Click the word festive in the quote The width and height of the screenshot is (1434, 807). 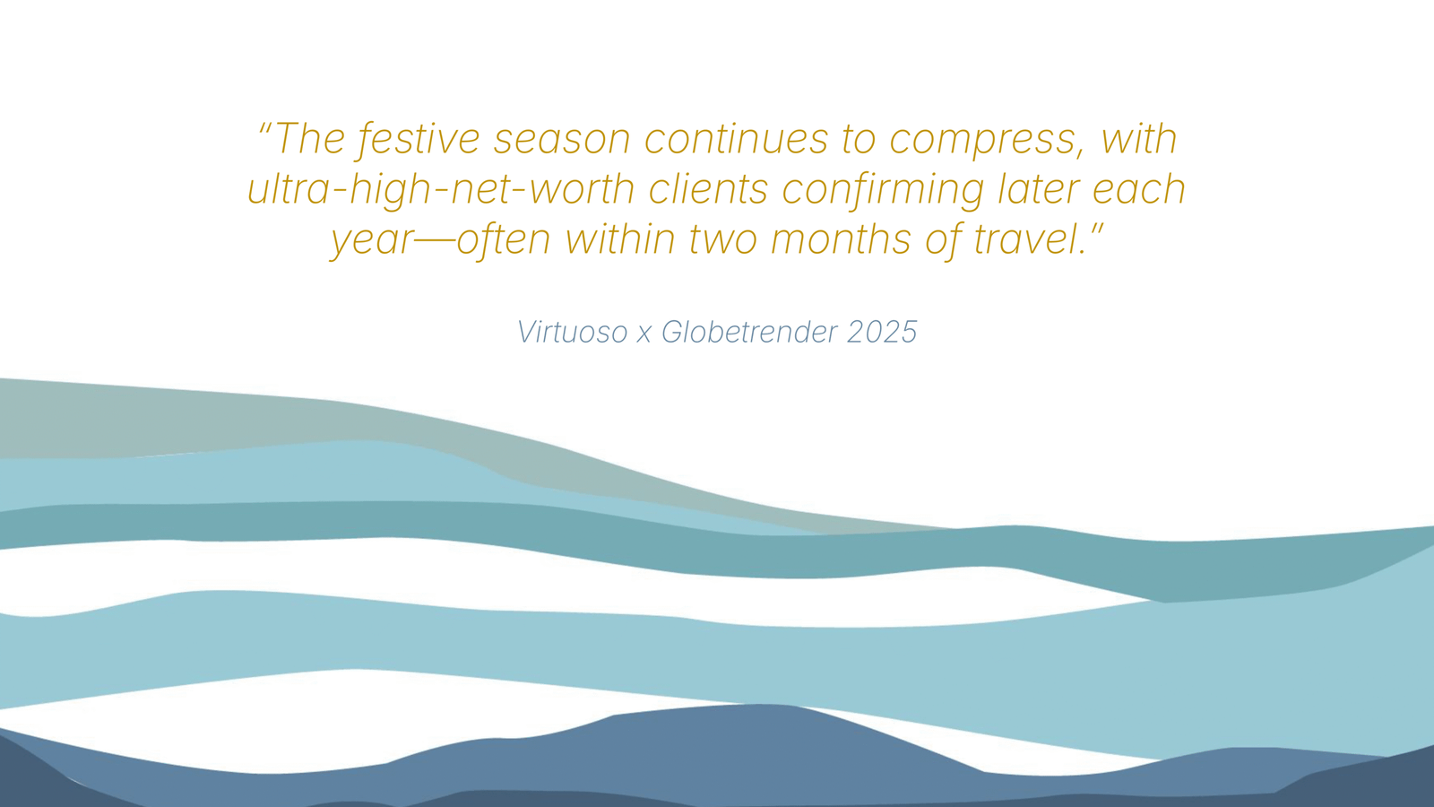pos(419,140)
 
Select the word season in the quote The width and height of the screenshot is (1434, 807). pos(562,140)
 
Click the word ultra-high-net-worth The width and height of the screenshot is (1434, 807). pos(441,189)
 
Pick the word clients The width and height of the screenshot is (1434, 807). pos(708,189)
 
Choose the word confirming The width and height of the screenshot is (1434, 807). pos(883,189)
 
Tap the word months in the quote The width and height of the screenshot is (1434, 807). pos(842,239)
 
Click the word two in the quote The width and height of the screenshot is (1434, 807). pos(723,240)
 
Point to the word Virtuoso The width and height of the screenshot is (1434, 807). pos(572,332)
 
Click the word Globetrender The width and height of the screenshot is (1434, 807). pos(749,332)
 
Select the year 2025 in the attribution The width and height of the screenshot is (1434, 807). pos(882,332)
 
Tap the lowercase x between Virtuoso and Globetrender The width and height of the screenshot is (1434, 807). pos(644,334)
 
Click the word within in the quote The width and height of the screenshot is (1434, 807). pos(619,239)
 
